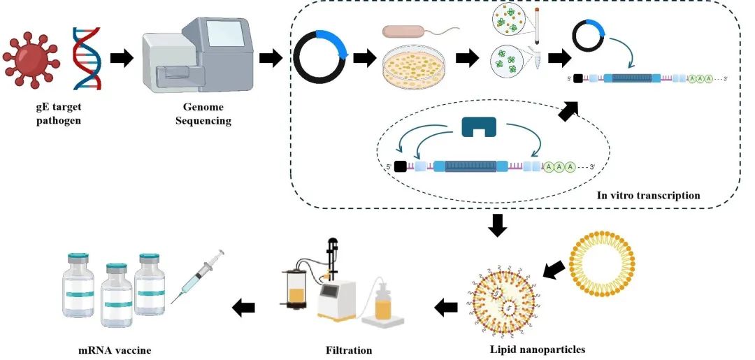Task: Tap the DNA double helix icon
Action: [x=86, y=59]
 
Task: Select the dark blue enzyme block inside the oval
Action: [x=479, y=126]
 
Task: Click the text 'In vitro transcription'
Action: [x=648, y=195]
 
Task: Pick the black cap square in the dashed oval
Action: [x=401, y=166]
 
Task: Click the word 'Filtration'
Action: [x=349, y=350]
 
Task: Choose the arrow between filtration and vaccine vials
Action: [x=244, y=306]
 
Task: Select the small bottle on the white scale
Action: [x=382, y=302]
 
